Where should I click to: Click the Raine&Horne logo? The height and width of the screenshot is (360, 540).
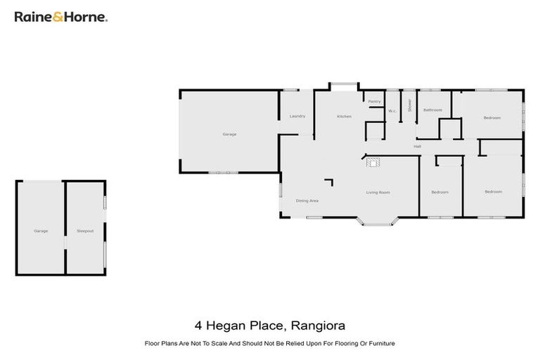60,16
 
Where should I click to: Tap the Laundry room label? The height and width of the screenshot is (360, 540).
297,116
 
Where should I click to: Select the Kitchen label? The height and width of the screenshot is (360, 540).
344,116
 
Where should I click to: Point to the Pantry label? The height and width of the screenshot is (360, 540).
375,101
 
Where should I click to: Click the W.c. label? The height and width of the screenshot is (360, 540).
392,111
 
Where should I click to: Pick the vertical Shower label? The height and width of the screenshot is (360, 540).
409,105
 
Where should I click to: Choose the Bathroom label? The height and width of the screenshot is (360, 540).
432,110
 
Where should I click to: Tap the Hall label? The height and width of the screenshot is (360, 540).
417,146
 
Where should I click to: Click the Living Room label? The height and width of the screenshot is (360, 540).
378,193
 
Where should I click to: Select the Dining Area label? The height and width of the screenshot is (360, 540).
307,201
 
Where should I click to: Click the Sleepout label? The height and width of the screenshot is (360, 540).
85,231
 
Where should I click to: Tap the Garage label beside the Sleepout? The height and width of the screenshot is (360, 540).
41,231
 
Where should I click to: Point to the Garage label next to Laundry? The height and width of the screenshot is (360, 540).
229,134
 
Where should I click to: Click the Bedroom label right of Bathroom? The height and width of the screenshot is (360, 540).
491,117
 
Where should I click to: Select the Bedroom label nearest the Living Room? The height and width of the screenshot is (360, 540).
439,192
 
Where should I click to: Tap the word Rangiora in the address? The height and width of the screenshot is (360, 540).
316,326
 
